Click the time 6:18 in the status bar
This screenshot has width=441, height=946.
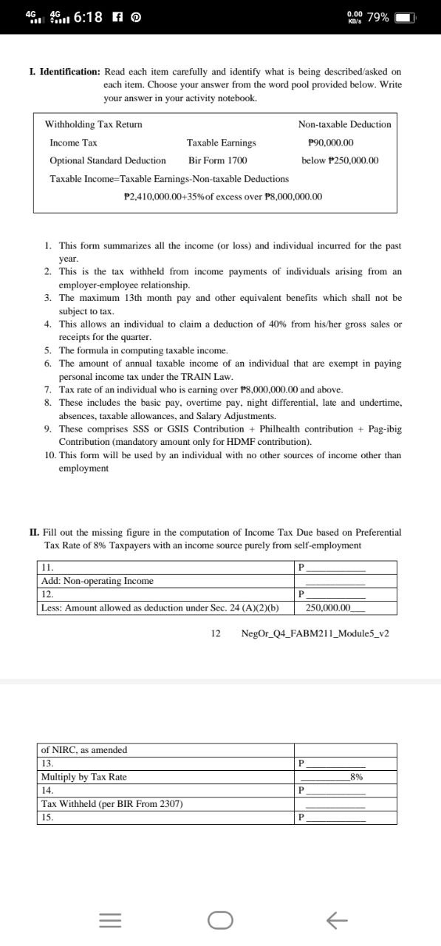coord(89,17)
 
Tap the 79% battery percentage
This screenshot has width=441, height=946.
coord(377,17)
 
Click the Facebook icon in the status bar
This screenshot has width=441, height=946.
coord(119,17)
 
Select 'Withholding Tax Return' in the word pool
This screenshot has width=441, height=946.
coord(94,124)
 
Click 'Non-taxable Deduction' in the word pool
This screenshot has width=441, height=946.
coord(344,124)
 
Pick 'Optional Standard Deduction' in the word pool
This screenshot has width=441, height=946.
coord(108,160)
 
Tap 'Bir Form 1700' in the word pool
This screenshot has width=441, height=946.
coord(217,160)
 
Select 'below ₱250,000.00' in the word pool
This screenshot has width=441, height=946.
coord(340,160)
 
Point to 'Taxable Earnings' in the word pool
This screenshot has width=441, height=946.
coord(222,143)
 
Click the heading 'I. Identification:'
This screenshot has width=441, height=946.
coord(64,72)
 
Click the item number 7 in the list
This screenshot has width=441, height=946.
coord(47,389)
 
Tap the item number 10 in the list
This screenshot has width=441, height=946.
coord(49,455)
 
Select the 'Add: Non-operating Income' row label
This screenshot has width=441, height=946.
coord(98,581)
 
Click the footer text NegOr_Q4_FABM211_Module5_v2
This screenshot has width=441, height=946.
coord(315,633)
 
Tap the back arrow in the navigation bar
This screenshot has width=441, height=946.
coord(336,919)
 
